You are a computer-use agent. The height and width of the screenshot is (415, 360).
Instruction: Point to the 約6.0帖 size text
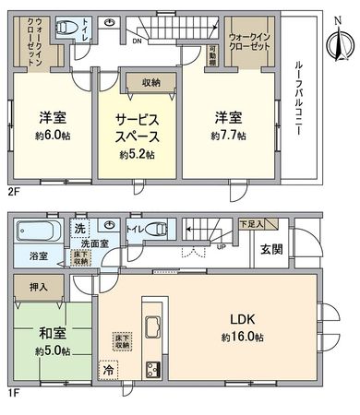pyautogui.click(x=52, y=136)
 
